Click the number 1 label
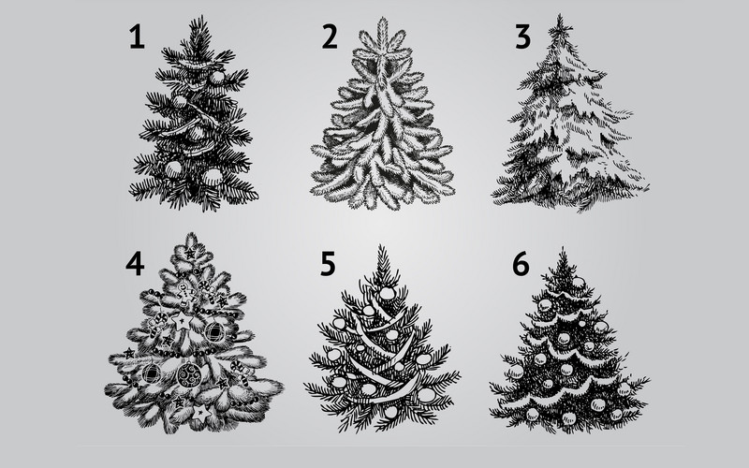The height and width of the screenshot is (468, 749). click(x=137, y=37)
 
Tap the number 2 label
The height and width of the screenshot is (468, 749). click(x=330, y=37)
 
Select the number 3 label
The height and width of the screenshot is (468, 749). click(x=522, y=37)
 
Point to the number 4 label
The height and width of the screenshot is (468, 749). click(x=135, y=264)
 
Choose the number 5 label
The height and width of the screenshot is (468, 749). click(x=328, y=264)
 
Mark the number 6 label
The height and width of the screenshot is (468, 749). click(x=521, y=264)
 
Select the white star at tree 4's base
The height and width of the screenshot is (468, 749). click(x=201, y=412)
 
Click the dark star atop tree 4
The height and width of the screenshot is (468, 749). click(x=191, y=253)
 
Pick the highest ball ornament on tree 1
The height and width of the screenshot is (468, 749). click(x=217, y=77)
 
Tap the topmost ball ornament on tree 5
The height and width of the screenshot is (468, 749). click(x=386, y=293)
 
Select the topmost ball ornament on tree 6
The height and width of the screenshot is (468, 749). click(x=579, y=283)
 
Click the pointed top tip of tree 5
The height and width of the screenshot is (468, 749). click(x=381, y=245)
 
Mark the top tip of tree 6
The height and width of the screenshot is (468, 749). click(x=564, y=248)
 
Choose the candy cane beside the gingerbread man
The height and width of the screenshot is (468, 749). click(x=207, y=291)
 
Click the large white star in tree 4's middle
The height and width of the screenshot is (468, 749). click(x=183, y=321)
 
